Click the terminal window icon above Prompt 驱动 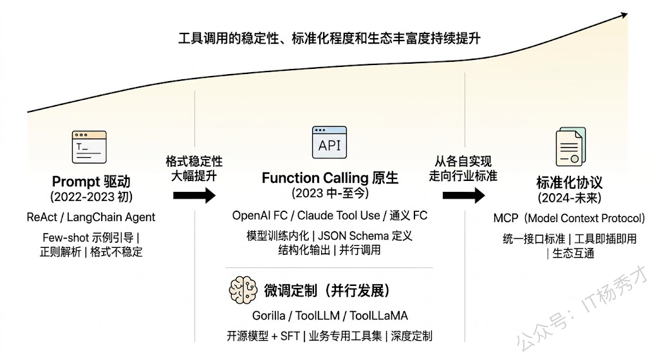click(x=89, y=147)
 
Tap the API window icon click(x=329, y=144)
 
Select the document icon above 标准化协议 click(x=570, y=147)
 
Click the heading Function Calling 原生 click(x=329, y=178)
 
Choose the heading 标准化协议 click(x=569, y=182)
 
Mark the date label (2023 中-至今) click(x=329, y=193)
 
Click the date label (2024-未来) click(x=569, y=198)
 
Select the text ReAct click(x=42, y=217)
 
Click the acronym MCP click(x=506, y=218)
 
